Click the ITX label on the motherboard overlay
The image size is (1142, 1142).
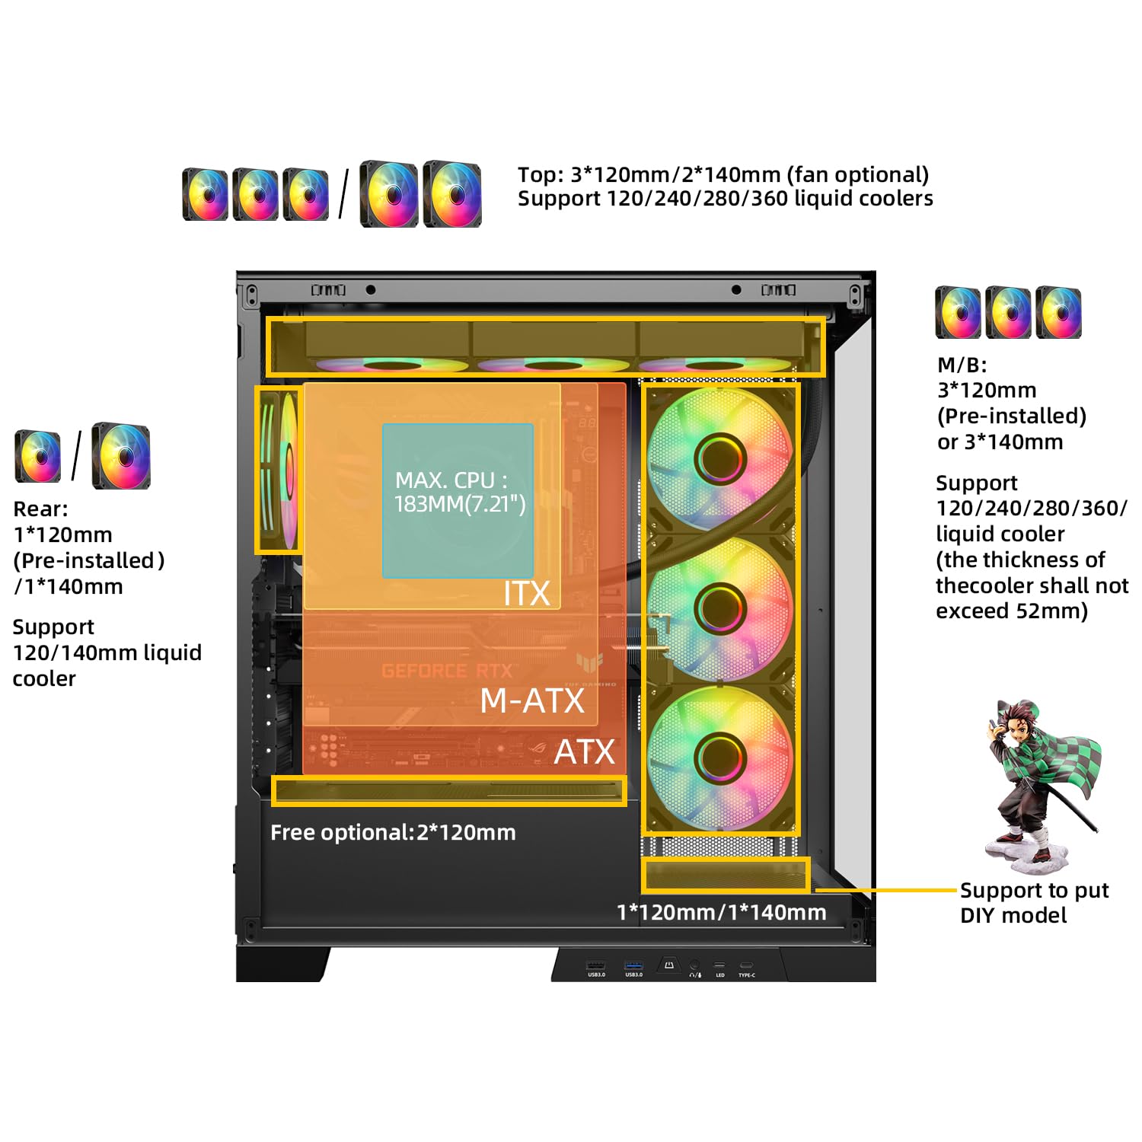(x=527, y=594)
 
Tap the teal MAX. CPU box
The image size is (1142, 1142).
(x=458, y=500)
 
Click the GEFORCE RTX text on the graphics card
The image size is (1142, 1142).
(x=447, y=671)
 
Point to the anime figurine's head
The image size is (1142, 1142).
(x=1019, y=719)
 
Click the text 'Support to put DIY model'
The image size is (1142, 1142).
(x=1033, y=902)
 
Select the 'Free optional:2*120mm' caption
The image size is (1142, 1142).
(x=393, y=832)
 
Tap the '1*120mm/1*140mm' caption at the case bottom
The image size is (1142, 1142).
(x=721, y=912)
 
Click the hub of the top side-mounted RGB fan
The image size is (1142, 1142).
(x=719, y=458)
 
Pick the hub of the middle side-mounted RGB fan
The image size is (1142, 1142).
(x=719, y=608)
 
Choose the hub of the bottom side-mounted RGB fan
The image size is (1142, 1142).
(x=719, y=757)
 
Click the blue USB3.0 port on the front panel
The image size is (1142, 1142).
(x=633, y=966)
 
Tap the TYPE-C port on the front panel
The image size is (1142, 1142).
(x=746, y=966)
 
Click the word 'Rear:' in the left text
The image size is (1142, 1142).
(x=41, y=509)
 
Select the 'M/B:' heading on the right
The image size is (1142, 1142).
(x=962, y=365)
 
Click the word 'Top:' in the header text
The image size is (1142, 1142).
(x=541, y=174)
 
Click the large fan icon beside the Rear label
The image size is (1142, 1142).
(x=121, y=456)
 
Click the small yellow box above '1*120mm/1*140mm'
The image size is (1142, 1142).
(x=725, y=875)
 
